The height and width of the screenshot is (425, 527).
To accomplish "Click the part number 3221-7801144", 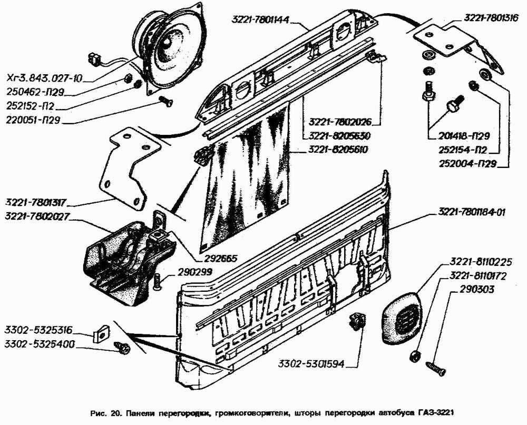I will tap(260, 20).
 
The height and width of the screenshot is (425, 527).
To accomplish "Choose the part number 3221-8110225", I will tap(480, 261).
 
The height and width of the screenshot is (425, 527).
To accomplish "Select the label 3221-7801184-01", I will tap(471, 213).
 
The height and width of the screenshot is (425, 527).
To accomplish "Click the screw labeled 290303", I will tap(436, 368).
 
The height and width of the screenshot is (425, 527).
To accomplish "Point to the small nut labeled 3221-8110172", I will tap(415, 356).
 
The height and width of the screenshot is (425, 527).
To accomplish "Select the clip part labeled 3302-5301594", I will tap(357, 320).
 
